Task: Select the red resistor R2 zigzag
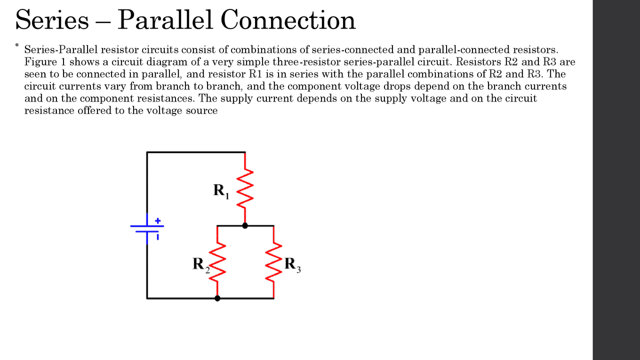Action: (217, 262)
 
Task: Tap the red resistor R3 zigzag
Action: (274, 262)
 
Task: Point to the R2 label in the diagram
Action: (200, 264)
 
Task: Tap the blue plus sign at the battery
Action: (157, 220)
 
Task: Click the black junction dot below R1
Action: (245, 225)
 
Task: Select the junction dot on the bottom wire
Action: (217, 298)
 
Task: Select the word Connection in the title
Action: (287, 20)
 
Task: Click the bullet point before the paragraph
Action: (16, 45)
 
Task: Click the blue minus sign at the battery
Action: (158, 237)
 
